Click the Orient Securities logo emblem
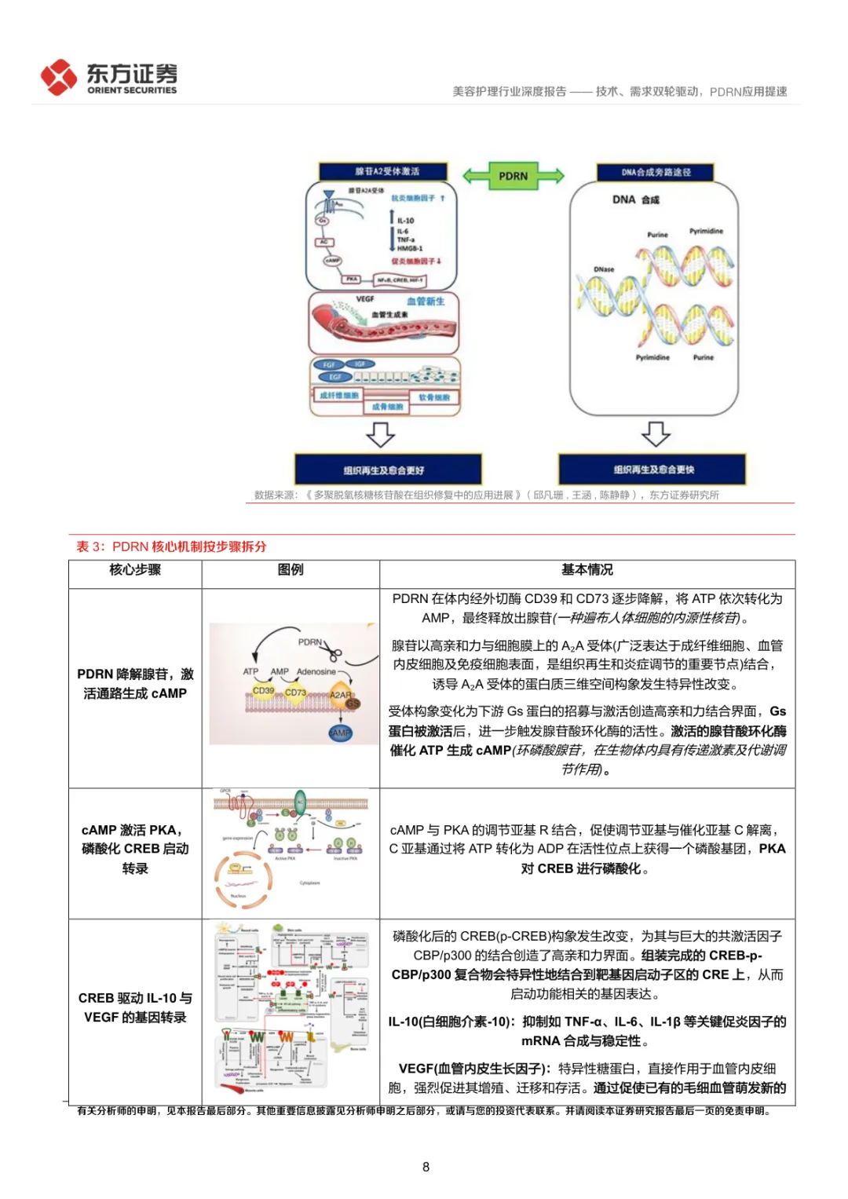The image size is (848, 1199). [x=59, y=78]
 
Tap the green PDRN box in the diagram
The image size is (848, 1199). [x=513, y=176]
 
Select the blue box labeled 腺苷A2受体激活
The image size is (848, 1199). [x=383, y=171]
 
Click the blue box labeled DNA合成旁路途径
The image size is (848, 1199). [x=656, y=172]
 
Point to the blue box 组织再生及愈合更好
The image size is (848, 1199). [x=387, y=470]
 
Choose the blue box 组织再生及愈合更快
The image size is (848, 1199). [x=652, y=469]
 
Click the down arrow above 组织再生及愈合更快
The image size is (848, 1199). [x=656, y=433]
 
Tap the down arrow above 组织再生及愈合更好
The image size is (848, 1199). [x=381, y=434]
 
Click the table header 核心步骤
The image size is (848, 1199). [x=135, y=570]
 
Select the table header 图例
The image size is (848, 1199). [x=291, y=570]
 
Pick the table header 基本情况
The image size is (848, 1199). [x=587, y=570]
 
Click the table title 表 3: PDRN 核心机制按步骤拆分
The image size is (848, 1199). [x=171, y=546]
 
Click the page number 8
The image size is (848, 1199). [x=426, y=1167]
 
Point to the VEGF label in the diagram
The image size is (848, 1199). [x=365, y=299]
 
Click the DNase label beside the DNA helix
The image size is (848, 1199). [x=604, y=269]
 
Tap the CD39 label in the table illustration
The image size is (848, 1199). [x=263, y=691]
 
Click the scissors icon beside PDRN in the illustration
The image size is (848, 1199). [x=334, y=653]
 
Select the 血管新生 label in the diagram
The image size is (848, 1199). [x=425, y=302]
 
